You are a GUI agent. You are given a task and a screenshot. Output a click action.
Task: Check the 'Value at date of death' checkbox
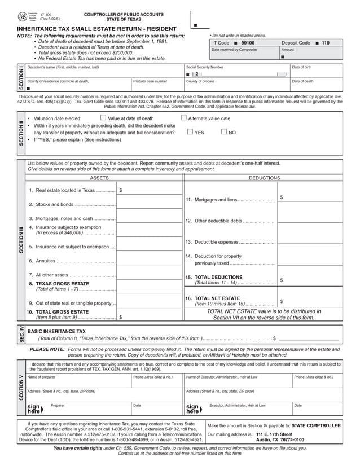(x=103, y=118)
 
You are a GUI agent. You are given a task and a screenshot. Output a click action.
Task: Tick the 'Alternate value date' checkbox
(x=184, y=118)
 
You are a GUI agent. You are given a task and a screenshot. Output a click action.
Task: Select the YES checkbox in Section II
(x=190, y=132)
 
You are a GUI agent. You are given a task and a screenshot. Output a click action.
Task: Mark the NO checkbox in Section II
(x=224, y=132)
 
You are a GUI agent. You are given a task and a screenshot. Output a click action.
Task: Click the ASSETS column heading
(x=100, y=177)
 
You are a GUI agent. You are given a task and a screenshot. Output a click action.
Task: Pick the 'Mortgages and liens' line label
(x=214, y=199)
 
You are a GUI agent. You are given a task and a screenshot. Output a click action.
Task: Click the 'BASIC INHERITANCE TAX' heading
(x=57, y=332)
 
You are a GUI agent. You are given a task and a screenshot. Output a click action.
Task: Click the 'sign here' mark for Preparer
(x=34, y=408)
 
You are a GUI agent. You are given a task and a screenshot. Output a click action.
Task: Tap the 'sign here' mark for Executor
(x=192, y=408)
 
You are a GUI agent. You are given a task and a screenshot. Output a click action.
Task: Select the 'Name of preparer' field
(x=78, y=381)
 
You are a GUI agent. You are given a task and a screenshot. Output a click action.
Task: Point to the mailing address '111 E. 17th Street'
(x=276, y=434)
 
